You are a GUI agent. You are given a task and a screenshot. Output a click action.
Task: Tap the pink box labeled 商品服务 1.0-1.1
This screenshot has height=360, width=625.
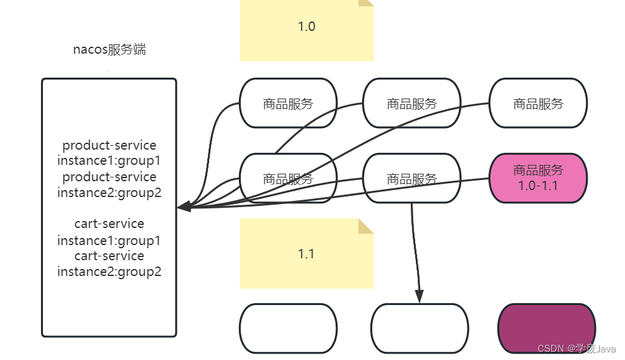click(x=538, y=177)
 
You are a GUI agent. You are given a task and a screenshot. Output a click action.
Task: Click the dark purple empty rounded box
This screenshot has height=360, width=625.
click(x=547, y=328)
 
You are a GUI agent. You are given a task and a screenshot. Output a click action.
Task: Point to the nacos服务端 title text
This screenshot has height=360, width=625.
click(x=109, y=50)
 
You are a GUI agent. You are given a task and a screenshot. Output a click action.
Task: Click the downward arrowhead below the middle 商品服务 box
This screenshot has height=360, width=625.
click(x=419, y=296)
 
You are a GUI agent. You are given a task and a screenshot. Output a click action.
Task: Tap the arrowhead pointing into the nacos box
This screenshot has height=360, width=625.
click(x=184, y=207)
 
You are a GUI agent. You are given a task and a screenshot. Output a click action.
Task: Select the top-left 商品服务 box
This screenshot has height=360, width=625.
click(x=288, y=104)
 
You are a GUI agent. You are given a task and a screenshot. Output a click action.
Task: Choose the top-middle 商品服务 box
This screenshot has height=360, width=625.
click(x=411, y=104)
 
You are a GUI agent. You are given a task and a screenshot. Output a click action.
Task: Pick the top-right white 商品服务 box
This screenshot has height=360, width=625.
click(x=538, y=104)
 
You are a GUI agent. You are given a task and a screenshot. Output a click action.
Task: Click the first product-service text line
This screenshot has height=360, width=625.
click(x=109, y=145)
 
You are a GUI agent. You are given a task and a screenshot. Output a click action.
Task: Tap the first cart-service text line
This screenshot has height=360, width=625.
click(x=109, y=224)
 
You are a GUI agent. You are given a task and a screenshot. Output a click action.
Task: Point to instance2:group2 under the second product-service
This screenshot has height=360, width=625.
click(x=109, y=193)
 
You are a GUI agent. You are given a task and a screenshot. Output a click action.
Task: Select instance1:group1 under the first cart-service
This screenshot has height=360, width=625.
click(x=109, y=240)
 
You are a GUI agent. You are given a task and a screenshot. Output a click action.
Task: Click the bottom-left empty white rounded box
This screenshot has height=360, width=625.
click(x=288, y=328)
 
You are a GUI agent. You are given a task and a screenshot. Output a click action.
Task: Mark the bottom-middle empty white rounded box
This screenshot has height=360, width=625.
click(x=419, y=328)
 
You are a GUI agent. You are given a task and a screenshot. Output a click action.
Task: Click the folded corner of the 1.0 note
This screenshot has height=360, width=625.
click(x=367, y=3)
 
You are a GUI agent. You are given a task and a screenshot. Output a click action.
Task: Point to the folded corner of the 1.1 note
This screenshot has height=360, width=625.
click(x=366, y=226)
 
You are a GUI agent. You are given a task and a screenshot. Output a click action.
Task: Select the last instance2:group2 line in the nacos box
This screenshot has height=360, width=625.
click(x=109, y=272)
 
